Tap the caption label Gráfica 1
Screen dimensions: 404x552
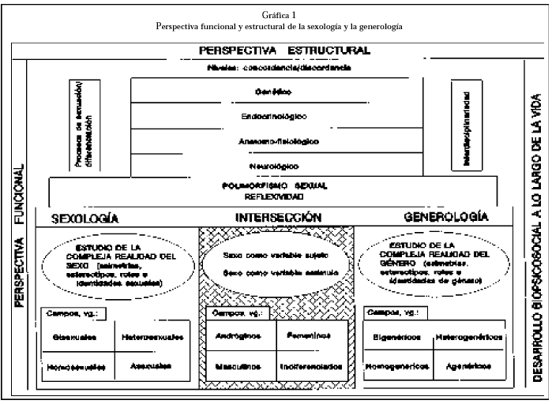276,14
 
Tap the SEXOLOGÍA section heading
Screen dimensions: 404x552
84,218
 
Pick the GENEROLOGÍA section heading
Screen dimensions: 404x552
446,217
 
